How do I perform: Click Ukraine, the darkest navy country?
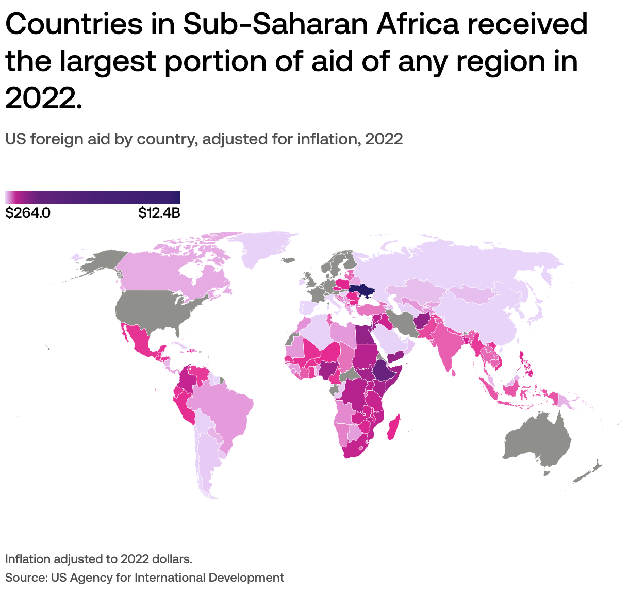pos(361,291)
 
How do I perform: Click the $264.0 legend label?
pos(28,213)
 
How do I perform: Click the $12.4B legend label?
pos(159,213)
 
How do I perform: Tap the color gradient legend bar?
pos(93,197)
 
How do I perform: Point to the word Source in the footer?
pos(25,578)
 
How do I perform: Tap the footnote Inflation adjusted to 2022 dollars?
pos(98,559)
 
